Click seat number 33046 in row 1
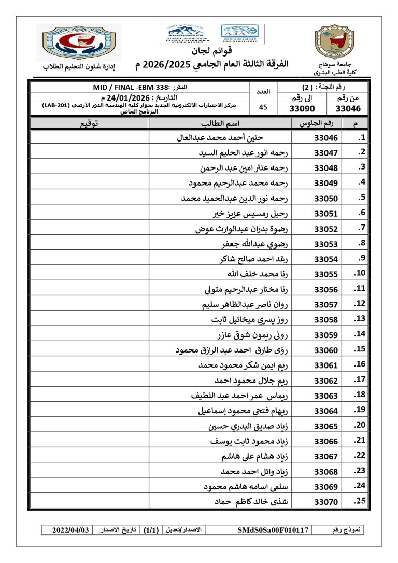click(x=325, y=138)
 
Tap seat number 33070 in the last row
click(x=325, y=502)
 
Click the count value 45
click(x=263, y=108)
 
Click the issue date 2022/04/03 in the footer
click(x=71, y=530)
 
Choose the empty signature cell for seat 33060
click(x=89, y=350)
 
